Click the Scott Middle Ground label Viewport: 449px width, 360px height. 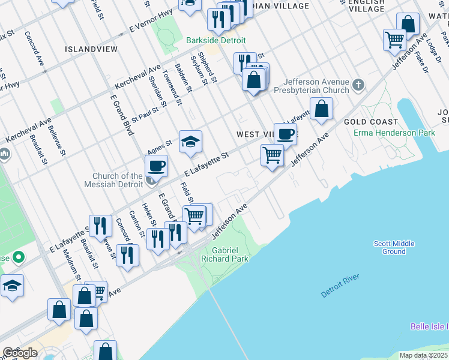click(x=394, y=247)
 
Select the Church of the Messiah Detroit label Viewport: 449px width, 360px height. click(x=118, y=180)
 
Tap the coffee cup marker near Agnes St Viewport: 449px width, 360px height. click(x=157, y=165)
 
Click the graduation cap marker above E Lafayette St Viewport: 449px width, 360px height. click(x=190, y=141)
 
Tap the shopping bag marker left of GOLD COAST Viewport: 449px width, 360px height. click(x=322, y=109)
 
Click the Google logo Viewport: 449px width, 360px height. click(x=19, y=353)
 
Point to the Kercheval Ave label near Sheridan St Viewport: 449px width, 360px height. click(x=139, y=77)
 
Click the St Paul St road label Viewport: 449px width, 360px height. click(x=145, y=112)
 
